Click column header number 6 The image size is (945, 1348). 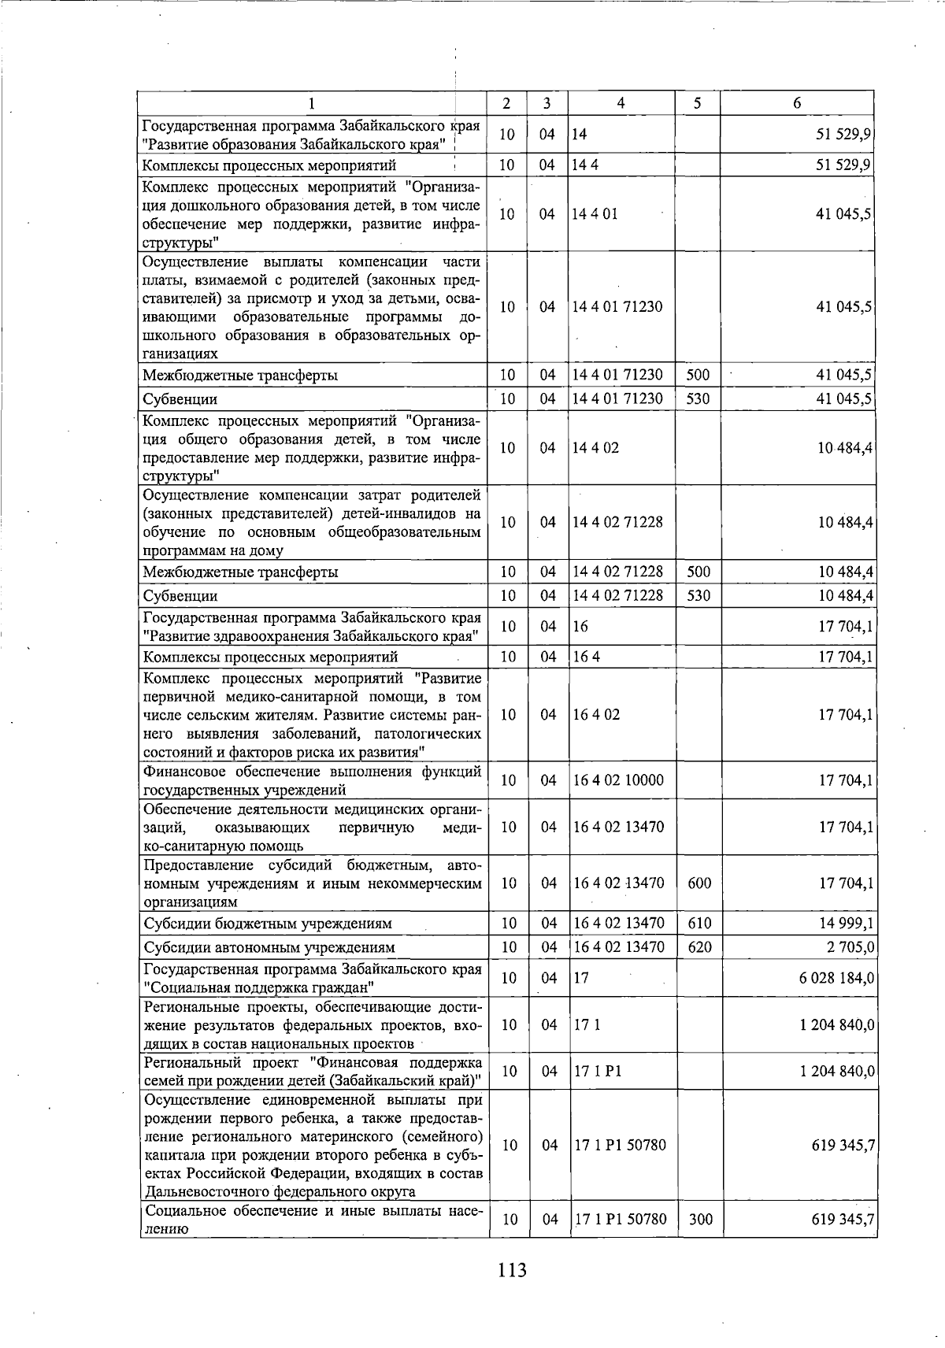coord(797,103)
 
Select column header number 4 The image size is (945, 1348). coord(621,103)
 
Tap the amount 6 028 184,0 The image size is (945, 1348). coord(836,978)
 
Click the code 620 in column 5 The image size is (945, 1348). coord(699,946)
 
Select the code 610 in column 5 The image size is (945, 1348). coord(699,923)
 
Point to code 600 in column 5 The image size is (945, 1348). coord(699,883)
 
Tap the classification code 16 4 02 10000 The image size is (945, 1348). coord(618,780)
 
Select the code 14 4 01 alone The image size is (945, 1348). coord(595,214)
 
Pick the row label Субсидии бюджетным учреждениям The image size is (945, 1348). coord(268,924)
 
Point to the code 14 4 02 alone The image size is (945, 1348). coord(595,447)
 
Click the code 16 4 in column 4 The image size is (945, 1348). coord(587,657)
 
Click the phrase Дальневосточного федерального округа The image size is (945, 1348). coord(281,1192)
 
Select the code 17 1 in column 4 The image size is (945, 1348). coord(587,1024)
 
